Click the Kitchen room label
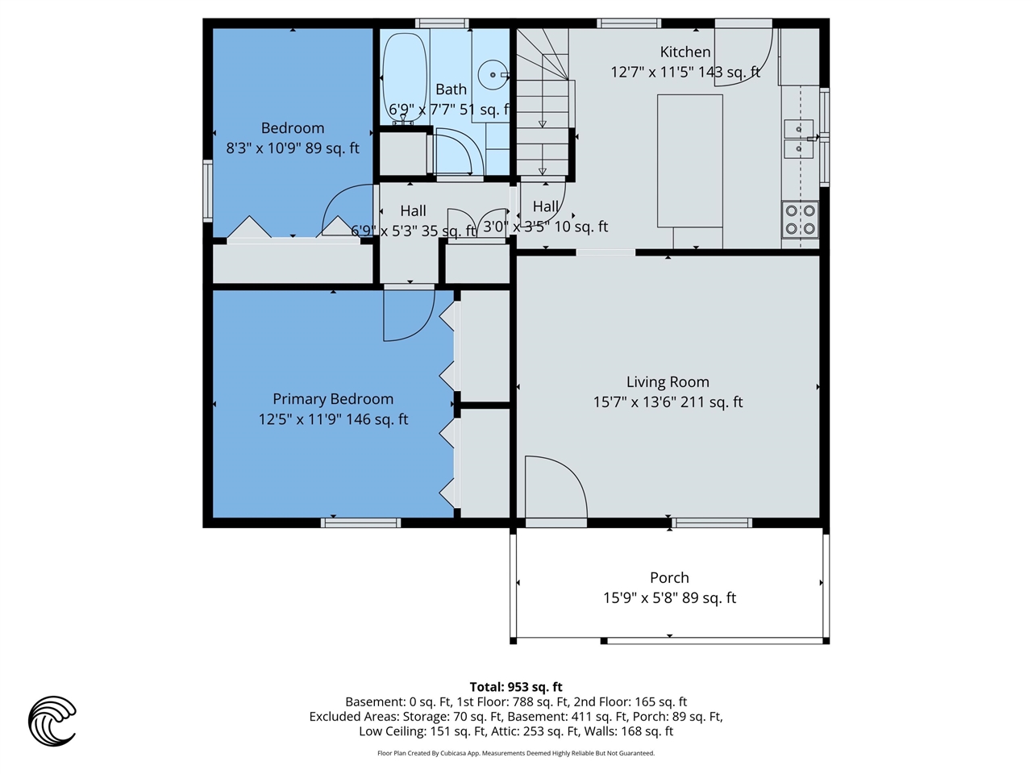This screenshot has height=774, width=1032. (x=685, y=52)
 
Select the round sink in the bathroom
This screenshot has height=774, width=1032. (x=491, y=76)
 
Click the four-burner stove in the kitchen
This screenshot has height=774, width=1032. (x=800, y=220)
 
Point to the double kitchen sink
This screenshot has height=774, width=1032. (x=799, y=139)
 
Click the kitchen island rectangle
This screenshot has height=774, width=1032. (x=689, y=161)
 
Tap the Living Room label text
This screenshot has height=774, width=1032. (x=668, y=382)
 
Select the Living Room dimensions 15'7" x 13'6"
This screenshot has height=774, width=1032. (x=668, y=402)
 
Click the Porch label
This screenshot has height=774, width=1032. (x=669, y=578)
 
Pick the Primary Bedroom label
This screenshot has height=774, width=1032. (x=333, y=399)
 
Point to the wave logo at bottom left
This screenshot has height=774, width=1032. (x=52, y=720)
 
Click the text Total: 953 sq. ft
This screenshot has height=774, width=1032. (x=516, y=687)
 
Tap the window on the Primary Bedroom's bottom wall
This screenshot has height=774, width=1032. (x=360, y=522)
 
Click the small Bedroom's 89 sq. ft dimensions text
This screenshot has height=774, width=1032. (x=293, y=148)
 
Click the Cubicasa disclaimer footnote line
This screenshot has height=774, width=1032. (x=516, y=753)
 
